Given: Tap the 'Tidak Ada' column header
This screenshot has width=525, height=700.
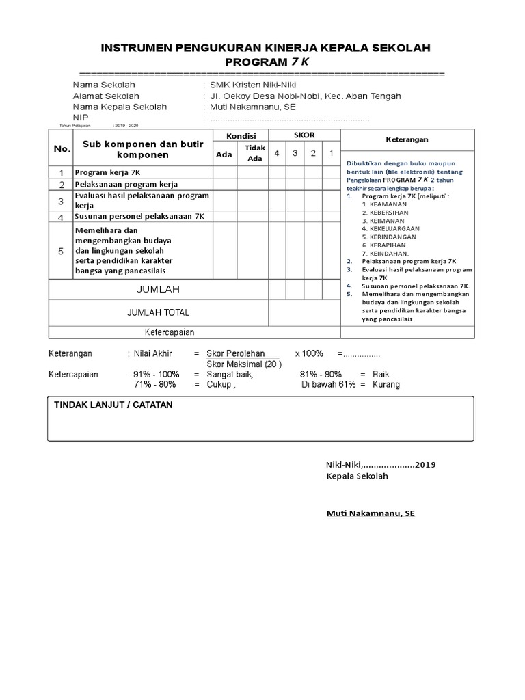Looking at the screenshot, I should tap(254, 153).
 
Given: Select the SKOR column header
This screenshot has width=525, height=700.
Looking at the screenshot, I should tap(304, 135).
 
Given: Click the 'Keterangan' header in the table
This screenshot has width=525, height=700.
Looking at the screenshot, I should tap(407, 139).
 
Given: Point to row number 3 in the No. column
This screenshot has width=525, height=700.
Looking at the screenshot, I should tap(62, 201).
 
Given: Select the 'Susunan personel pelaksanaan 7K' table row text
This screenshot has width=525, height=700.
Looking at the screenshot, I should tap(139, 217).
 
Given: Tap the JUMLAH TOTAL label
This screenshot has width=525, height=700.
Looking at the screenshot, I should tap(158, 312).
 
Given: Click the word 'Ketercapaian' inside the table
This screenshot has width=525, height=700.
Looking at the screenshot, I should tap(170, 332).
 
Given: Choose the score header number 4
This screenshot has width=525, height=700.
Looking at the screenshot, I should tap(277, 153).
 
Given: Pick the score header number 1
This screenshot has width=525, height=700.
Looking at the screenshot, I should tap(331, 153).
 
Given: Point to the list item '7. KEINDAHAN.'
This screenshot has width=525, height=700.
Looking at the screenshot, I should tap(386, 253).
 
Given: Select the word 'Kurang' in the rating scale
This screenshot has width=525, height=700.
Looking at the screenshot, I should tap(386, 384).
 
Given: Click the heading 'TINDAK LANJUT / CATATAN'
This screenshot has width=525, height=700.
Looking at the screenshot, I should tap(113, 405).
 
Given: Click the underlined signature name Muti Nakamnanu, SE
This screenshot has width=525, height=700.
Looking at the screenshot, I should tap(370, 513).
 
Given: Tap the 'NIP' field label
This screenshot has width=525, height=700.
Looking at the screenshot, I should tap(81, 118).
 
